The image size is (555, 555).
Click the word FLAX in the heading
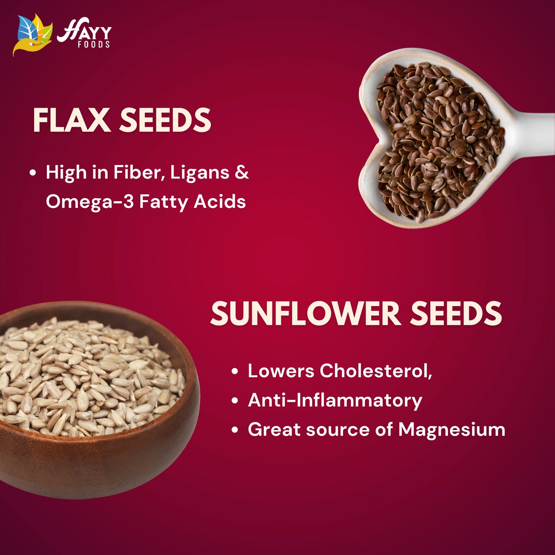71,120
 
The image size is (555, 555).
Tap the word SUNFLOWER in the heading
305,314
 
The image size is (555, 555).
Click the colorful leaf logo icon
33,35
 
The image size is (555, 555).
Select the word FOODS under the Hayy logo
94,45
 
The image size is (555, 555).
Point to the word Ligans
200,172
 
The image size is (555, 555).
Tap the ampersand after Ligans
242,172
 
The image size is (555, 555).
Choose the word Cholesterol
375,371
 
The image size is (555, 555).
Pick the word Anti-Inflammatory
335,400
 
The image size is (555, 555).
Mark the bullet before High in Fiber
33,173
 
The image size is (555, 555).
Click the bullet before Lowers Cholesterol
235,371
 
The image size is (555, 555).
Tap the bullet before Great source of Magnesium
235,430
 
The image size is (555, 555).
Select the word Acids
219,201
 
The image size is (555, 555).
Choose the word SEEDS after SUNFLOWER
456,314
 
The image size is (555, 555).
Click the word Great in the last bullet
274,429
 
